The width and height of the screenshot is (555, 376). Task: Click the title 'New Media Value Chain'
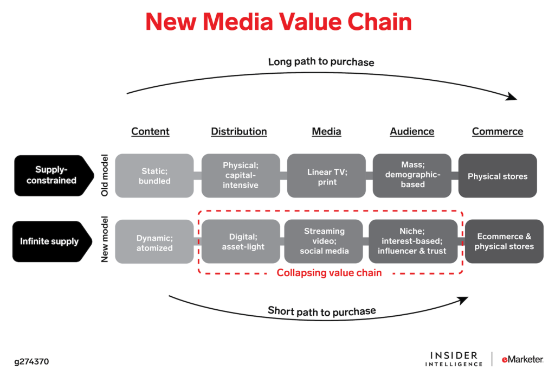279,22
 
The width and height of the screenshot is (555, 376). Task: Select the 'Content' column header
150,131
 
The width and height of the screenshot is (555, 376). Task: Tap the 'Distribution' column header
239,131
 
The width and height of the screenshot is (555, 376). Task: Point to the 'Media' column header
326,131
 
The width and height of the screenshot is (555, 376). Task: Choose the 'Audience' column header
412,131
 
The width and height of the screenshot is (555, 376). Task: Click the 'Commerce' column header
498,131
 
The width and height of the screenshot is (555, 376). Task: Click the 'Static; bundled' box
154,176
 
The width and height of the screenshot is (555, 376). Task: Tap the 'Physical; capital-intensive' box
241,176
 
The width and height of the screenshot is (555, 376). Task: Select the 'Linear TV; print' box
326,176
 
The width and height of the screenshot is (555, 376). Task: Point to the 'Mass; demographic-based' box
412,176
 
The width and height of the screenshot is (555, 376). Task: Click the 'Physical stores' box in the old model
498,176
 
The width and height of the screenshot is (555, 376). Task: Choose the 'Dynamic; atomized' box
154,241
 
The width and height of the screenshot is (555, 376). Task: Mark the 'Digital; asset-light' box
241,241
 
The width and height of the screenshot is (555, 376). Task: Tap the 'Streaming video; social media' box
324,241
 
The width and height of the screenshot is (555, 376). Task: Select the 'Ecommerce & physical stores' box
504,241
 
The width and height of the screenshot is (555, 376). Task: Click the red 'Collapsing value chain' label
330,273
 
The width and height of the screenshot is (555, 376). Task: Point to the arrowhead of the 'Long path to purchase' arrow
511,97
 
